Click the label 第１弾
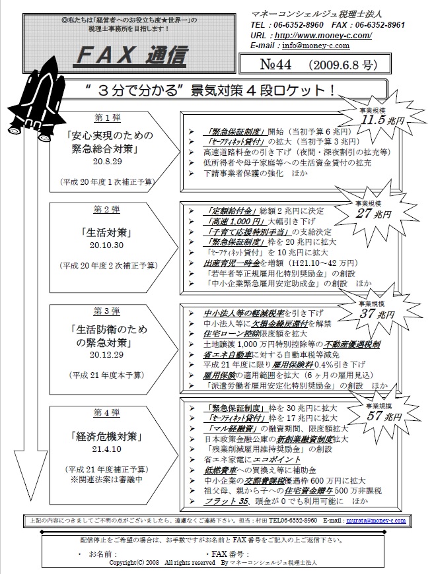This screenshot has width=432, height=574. pos(107,117)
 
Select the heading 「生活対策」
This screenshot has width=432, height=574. pos(107,232)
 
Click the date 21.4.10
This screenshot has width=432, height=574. pos(107,450)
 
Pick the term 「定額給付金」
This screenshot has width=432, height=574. pos(221,212)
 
